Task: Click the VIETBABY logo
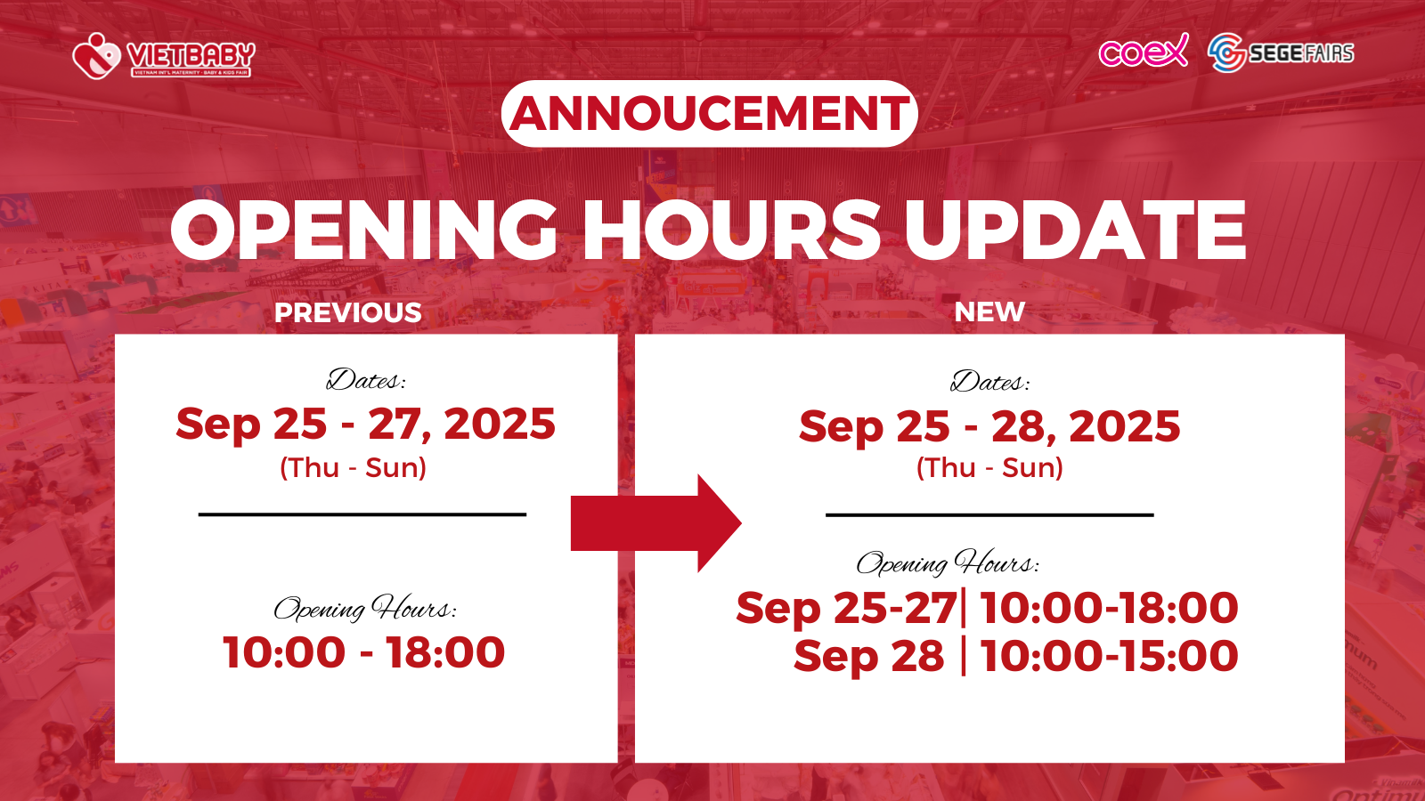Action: pyautogui.click(x=164, y=56)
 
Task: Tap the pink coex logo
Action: pyautogui.click(x=1144, y=51)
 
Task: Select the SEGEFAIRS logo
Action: pyautogui.click(x=1281, y=53)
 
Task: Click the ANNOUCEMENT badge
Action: pyautogui.click(x=709, y=114)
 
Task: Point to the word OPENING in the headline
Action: pyautogui.click(x=364, y=231)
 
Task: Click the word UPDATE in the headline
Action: pyautogui.click(x=1075, y=231)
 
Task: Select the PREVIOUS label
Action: pyautogui.click(x=348, y=312)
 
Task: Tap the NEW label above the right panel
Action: pyautogui.click(x=989, y=311)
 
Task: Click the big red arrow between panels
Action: pyautogui.click(x=655, y=522)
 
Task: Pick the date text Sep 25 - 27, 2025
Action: pyautogui.click(x=366, y=424)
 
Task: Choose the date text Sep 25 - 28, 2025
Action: pyautogui.click(x=989, y=426)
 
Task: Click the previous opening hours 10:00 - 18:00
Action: pyautogui.click(x=364, y=652)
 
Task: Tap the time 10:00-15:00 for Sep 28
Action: pyautogui.click(x=1110, y=656)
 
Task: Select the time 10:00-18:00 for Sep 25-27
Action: pyautogui.click(x=1110, y=608)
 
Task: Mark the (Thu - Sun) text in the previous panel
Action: pyautogui.click(x=353, y=468)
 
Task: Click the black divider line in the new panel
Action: pyautogui.click(x=989, y=515)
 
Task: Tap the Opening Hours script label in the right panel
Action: pyautogui.click(x=948, y=562)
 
